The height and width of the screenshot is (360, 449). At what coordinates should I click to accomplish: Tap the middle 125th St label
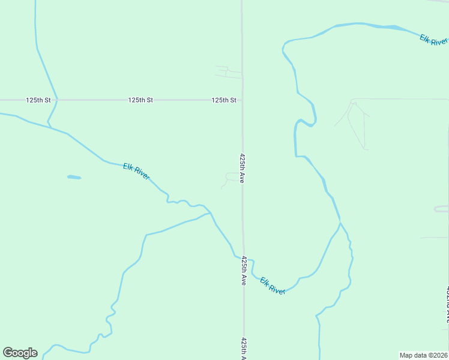click(x=140, y=100)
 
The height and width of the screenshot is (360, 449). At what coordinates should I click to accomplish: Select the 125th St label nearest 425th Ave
click(x=224, y=100)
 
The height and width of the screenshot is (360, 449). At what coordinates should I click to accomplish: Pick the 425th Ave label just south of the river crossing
click(x=244, y=271)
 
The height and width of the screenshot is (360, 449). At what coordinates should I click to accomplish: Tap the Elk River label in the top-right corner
click(x=433, y=40)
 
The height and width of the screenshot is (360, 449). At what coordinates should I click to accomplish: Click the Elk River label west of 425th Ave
click(x=136, y=172)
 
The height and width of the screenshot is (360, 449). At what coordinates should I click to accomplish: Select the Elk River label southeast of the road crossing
click(x=273, y=285)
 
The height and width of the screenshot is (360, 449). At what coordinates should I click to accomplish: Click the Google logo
click(x=20, y=353)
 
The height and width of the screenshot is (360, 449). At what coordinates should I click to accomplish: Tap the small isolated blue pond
click(x=74, y=177)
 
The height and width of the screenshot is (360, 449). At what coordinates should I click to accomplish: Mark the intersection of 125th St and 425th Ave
click(x=243, y=100)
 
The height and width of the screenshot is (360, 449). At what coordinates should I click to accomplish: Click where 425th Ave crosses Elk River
click(x=243, y=259)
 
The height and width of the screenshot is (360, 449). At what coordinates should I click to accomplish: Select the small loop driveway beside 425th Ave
click(x=232, y=177)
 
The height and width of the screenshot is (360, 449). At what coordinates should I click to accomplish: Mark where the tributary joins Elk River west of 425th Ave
click(x=210, y=213)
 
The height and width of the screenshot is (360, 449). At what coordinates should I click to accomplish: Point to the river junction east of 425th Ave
click(x=340, y=224)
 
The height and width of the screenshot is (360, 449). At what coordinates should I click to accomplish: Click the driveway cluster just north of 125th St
click(x=229, y=73)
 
